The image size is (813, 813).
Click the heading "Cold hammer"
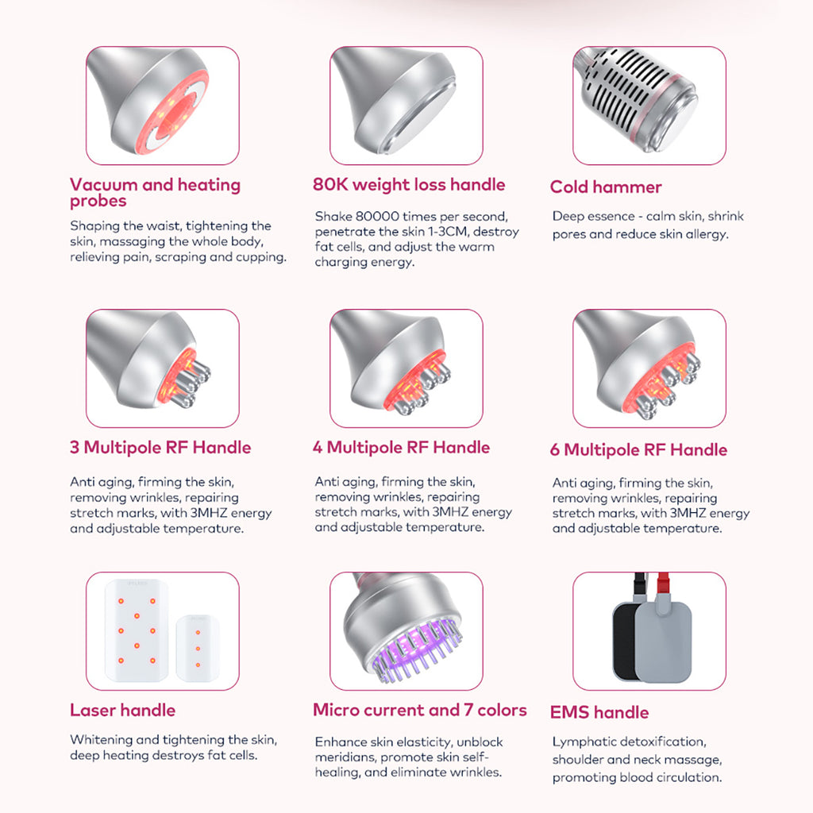coord(606,187)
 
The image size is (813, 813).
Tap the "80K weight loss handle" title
coord(409,184)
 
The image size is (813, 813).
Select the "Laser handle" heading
coord(122,710)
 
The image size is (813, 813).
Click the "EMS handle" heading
coord(599,712)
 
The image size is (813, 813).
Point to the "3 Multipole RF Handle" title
coord(160,447)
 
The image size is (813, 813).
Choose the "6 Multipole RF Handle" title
coord(638,449)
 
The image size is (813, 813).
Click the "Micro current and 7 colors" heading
coord(419,710)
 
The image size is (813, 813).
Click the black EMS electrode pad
coord(624,642)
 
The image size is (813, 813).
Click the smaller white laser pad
coord(198,648)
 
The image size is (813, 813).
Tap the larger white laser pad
coord(137,630)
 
